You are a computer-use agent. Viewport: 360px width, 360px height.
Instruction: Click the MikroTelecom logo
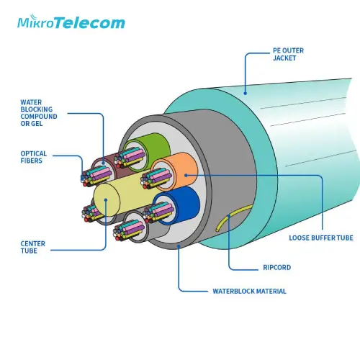[x=71, y=22]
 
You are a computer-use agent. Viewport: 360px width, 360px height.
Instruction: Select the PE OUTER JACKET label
[x=288, y=54]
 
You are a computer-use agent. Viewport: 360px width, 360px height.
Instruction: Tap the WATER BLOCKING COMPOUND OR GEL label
[x=39, y=113]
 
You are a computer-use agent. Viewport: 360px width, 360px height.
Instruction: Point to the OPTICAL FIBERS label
[x=33, y=157]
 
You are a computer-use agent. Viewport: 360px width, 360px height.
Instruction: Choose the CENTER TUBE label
[x=32, y=247]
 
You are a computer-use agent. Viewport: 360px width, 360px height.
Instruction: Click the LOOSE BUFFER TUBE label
[x=321, y=238]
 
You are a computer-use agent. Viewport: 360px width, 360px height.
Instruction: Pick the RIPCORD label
[x=276, y=267]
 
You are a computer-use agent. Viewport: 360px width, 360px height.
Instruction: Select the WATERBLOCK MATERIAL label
[x=249, y=291]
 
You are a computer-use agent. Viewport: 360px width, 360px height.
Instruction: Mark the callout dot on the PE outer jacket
[x=245, y=93]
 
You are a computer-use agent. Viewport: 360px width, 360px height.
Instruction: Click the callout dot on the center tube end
[x=106, y=199]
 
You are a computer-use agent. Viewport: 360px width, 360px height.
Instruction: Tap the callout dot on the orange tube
[x=186, y=175]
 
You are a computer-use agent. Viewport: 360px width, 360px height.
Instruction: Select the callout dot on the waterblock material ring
[x=179, y=246]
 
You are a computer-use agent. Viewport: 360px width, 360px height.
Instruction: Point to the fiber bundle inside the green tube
[x=130, y=158]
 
